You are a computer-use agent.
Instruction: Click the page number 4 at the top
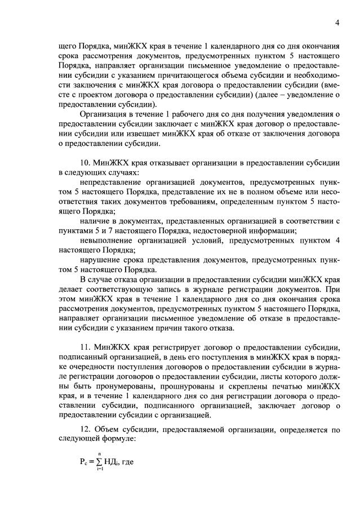(x=337, y=23)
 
